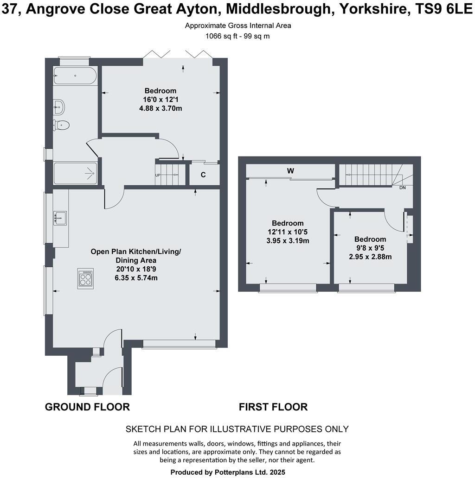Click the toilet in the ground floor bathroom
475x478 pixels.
pos(62,125)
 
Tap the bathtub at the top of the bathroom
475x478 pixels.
pos(75,75)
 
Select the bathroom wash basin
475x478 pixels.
pos(59,107)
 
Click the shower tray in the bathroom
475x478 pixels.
pos(75,174)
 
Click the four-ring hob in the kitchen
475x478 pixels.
pos(86,278)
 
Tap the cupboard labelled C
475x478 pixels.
pos(203,175)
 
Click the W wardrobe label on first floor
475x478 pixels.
pos(290,171)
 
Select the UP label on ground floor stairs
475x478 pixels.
pos(158,175)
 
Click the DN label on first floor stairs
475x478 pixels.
pos(402,188)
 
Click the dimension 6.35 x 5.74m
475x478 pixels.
pos(136,278)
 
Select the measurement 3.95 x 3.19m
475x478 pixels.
pos(288,240)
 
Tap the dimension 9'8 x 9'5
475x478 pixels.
pos(370,248)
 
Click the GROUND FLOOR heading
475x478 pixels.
pos(87,407)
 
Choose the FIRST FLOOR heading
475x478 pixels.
pos(273,407)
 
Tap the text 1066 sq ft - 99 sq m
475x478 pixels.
pos(237,36)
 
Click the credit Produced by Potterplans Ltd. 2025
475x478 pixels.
pos(228,472)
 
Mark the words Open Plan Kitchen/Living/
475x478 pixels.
pos(136,252)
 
